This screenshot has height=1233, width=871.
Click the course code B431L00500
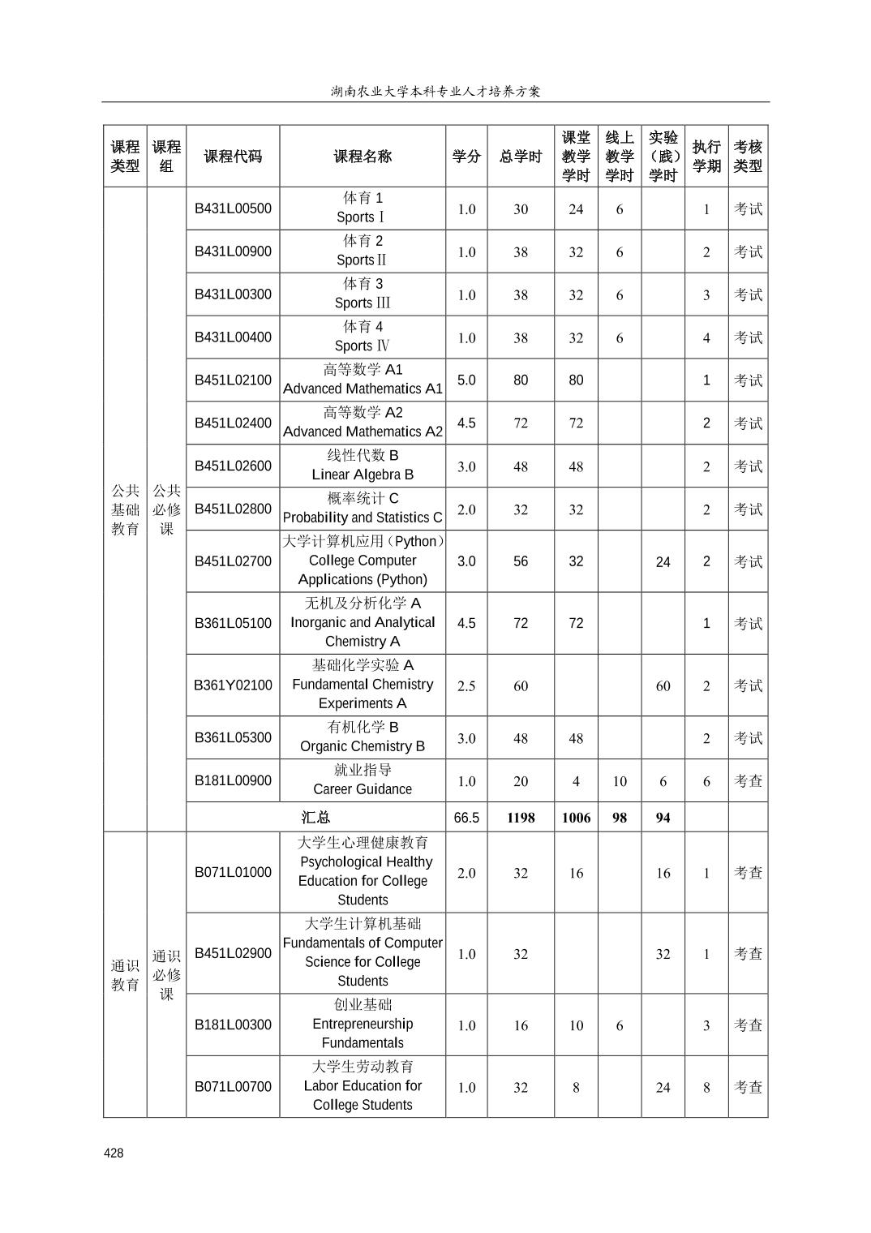(x=233, y=208)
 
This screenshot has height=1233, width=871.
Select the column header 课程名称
(x=363, y=157)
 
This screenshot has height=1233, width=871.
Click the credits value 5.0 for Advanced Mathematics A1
(x=466, y=380)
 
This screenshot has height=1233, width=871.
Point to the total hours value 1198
(x=521, y=818)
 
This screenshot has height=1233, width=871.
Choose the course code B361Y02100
(x=233, y=685)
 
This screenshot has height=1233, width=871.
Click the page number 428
(x=114, y=1153)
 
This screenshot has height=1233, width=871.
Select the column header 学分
(x=466, y=157)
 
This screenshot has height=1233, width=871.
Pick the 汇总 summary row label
(x=315, y=818)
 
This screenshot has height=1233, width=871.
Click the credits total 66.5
(x=466, y=818)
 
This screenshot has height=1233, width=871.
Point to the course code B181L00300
(x=233, y=1025)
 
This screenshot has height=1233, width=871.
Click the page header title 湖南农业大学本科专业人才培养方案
(x=435, y=91)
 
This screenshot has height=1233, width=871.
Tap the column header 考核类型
(x=748, y=157)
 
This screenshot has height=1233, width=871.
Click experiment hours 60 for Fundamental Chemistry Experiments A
(x=663, y=685)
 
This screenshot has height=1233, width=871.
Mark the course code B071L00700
(x=233, y=1086)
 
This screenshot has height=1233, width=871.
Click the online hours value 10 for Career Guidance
(x=620, y=781)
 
